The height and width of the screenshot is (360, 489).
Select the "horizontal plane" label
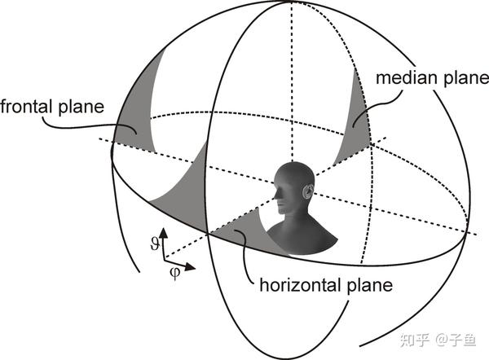[x=326, y=286]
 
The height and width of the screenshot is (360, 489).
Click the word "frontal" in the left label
[x=29, y=107]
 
